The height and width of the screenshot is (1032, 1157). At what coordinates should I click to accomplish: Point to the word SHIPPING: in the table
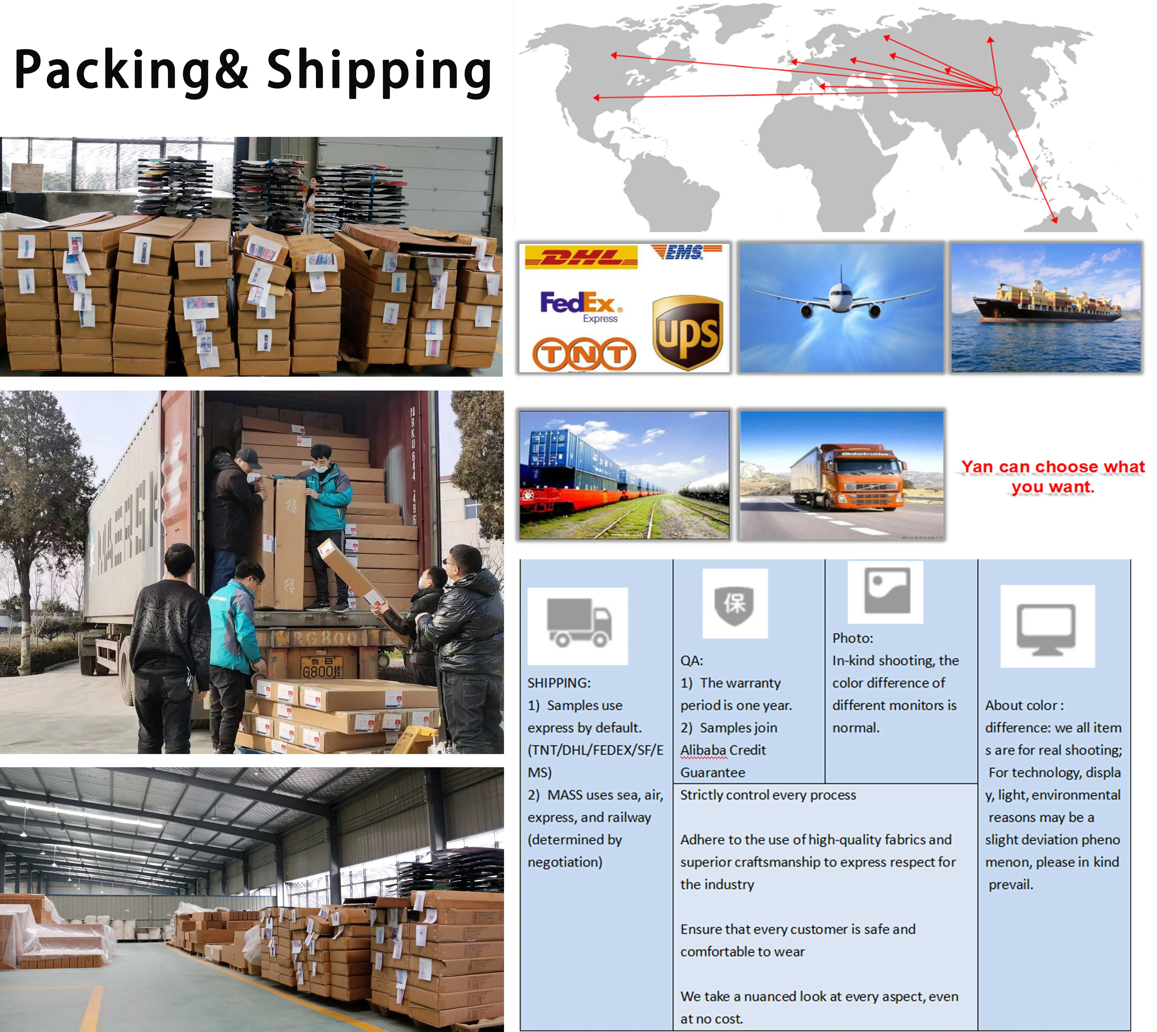point(559,683)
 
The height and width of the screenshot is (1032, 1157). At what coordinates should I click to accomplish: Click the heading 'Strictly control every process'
point(767,795)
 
